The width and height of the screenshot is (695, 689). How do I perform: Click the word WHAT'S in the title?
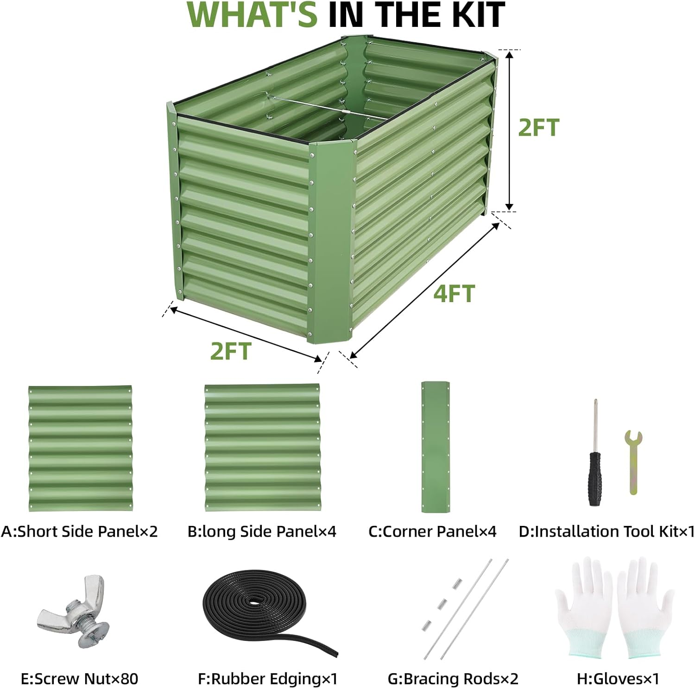(252, 15)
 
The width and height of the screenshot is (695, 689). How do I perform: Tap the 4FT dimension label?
(454, 294)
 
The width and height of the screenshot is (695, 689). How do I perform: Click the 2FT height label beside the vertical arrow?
(538, 127)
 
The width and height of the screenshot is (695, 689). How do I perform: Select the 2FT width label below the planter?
(231, 351)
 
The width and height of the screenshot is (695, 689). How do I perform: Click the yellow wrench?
(633, 462)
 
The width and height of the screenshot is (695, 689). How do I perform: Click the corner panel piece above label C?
(435, 447)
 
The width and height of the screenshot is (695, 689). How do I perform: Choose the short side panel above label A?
(80, 449)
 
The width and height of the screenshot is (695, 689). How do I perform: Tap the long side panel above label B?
(263, 448)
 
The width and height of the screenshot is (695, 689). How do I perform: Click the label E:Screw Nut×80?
(80, 679)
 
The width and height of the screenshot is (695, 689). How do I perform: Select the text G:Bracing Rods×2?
(453, 679)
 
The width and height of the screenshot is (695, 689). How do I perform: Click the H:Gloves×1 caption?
(618, 679)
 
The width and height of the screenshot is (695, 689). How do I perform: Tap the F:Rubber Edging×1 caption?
(268, 679)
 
